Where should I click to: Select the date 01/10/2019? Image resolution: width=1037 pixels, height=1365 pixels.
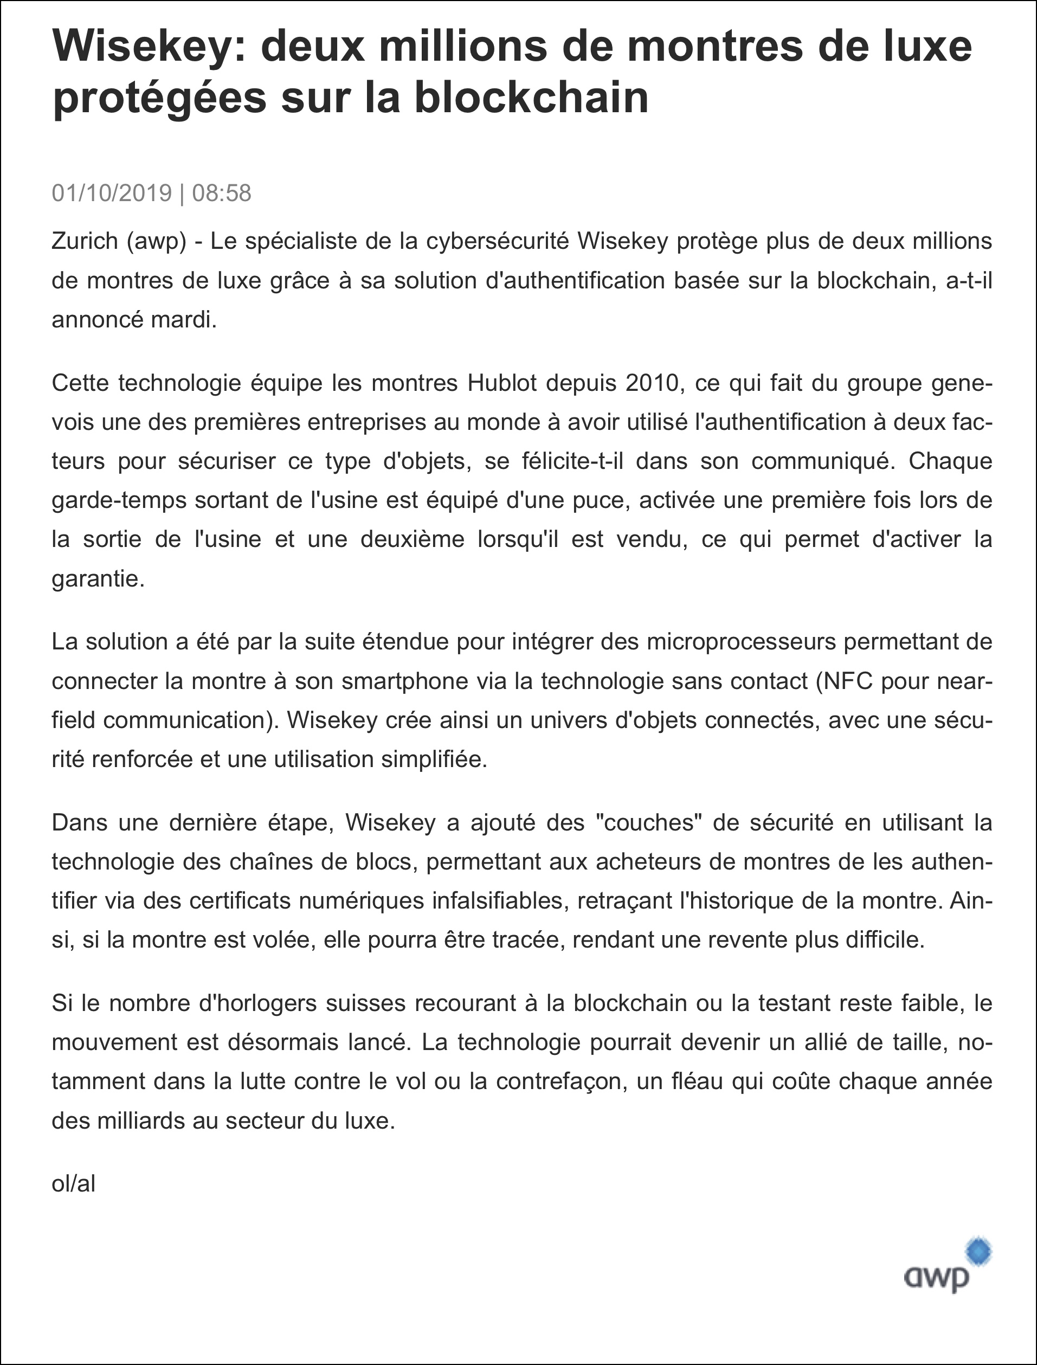[x=112, y=193]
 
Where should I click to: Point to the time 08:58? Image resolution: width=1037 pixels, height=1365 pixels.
[x=222, y=193]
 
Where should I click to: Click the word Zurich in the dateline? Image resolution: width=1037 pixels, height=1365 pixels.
[x=85, y=241]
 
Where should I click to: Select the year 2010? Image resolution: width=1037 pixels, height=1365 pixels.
[x=652, y=383]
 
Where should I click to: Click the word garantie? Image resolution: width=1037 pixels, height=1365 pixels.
[x=98, y=579]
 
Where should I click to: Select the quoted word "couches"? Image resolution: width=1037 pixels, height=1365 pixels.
[x=649, y=822]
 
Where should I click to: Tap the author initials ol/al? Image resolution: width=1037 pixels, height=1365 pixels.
[x=74, y=1183]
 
